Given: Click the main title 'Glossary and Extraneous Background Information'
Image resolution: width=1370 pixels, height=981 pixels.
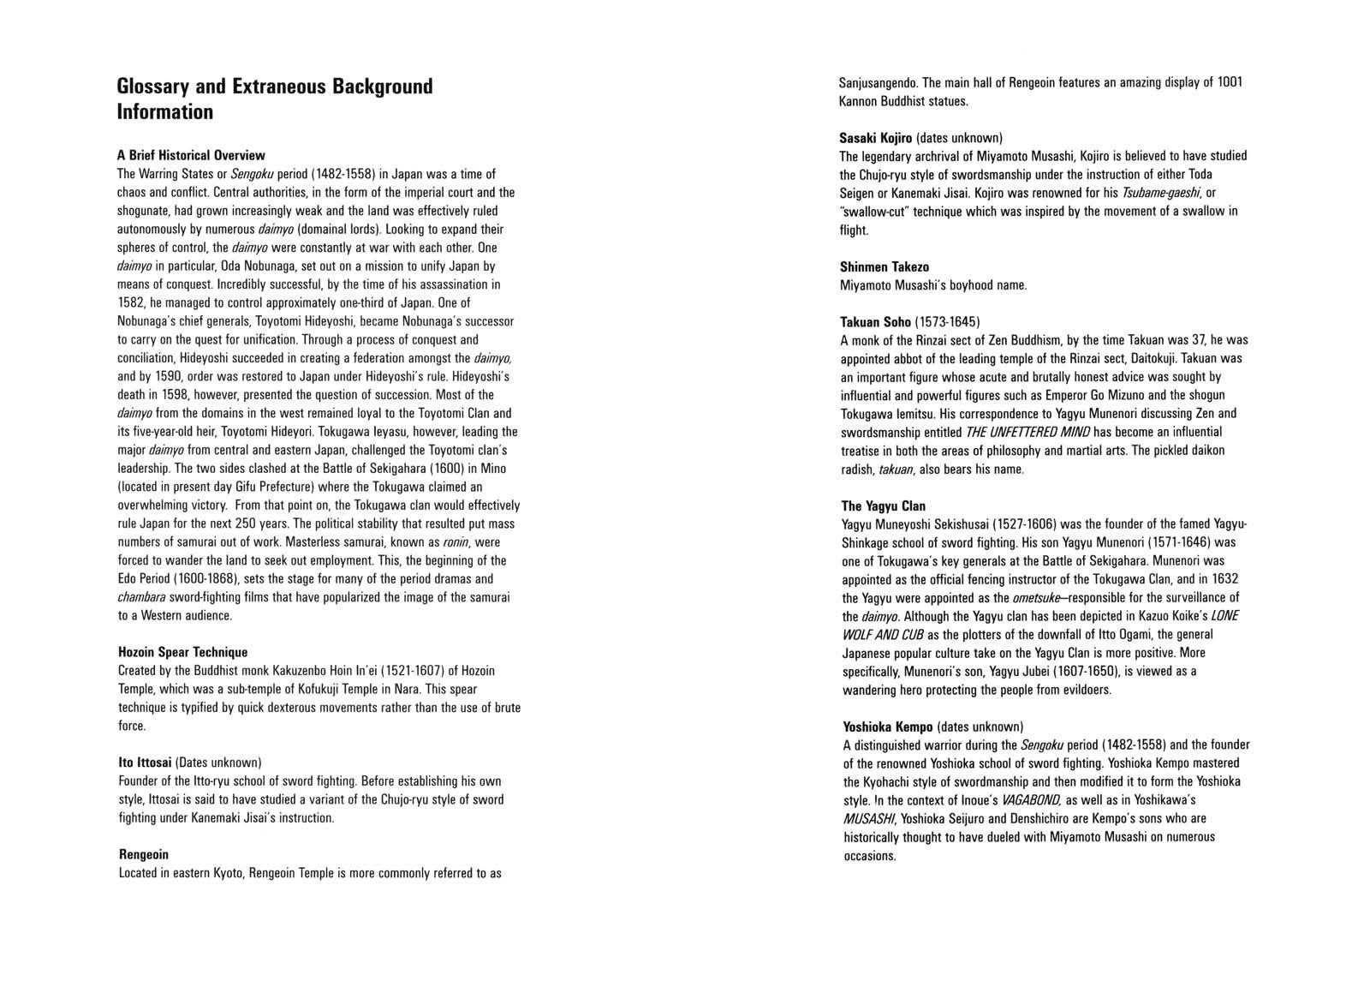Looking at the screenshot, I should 275,99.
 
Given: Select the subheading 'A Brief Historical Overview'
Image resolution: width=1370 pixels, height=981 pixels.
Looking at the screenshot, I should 191,155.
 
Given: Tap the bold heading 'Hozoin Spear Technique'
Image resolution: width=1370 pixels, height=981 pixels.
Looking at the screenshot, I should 182,652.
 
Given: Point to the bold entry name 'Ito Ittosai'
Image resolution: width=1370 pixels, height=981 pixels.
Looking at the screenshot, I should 145,762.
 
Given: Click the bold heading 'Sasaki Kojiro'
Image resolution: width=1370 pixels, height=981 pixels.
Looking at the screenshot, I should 876,137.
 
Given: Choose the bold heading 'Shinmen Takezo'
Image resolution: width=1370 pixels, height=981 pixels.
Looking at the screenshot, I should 884,266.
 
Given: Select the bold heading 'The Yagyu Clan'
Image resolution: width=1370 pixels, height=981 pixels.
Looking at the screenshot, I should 883,505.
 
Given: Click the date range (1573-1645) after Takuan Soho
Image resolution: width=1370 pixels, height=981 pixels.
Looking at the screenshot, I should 947,322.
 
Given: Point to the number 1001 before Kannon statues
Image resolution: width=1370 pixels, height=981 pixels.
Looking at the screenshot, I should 1230,82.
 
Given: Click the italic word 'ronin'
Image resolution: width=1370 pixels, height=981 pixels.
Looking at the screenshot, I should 456,541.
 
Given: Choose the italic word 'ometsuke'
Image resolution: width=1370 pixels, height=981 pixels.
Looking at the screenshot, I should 1034,597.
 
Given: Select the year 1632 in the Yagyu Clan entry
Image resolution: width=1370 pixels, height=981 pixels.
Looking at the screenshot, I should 1225,578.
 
